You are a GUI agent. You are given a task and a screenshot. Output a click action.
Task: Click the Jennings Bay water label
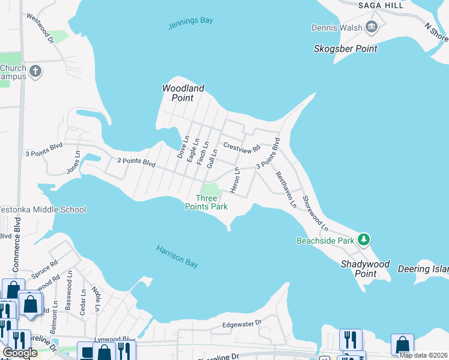[x=189, y=22]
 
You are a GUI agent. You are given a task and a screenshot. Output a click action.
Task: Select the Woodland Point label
[x=183, y=93]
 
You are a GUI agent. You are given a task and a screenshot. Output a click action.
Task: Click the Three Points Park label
[x=206, y=202]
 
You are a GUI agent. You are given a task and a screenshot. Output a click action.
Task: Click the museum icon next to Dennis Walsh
[x=372, y=27]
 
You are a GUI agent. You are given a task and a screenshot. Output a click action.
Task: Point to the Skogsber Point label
[x=346, y=49]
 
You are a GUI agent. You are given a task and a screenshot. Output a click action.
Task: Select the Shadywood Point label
[x=365, y=269]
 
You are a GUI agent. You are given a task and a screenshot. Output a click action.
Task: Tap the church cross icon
[x=35, y=71]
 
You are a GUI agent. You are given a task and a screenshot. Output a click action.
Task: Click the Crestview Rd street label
[x=242, y=147]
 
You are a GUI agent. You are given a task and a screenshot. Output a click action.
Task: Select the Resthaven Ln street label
[x=286, y=190]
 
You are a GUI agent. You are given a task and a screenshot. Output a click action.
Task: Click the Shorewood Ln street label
[x=315, y=214]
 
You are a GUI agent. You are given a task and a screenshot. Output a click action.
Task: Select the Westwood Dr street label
[x=41, y=28]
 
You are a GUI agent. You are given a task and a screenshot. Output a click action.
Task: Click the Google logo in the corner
[x=19, y=353]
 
